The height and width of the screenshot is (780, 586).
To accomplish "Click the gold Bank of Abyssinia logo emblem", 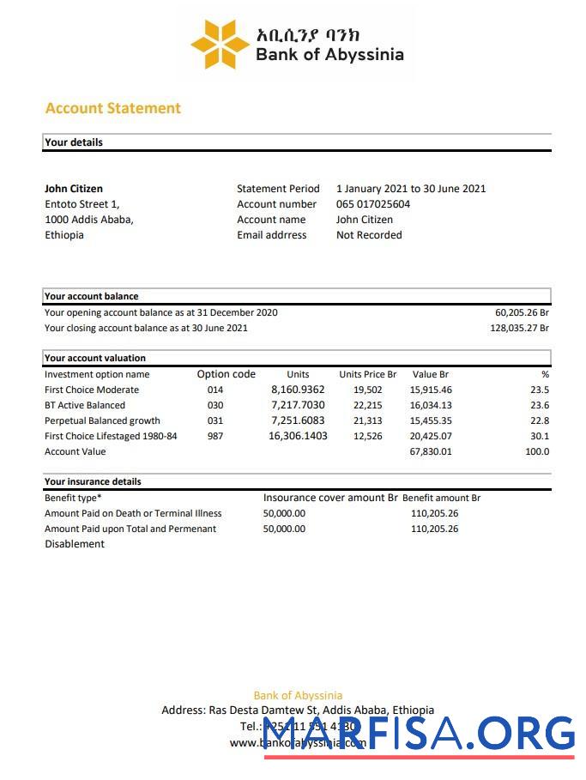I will tap(220, 44).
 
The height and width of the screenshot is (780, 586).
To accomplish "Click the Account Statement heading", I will tap(112, 108).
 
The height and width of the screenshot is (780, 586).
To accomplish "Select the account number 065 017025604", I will tap(372, 204).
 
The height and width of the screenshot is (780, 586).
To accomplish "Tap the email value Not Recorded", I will tap(369, 235).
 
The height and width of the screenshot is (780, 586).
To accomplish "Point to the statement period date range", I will tap(410, 189).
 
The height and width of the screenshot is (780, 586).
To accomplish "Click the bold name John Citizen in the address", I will tap(74, 189).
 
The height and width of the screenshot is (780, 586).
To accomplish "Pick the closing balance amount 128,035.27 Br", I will tap(519, 328).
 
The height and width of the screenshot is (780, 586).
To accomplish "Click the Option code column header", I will tap(226, 374).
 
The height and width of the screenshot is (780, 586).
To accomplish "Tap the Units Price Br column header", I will tap(367, 374).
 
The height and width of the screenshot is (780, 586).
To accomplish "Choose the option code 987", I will tap(214, 436).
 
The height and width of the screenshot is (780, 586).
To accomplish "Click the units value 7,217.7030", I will tap(298, 405).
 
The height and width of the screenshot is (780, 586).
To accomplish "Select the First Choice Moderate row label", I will tap(91, 390).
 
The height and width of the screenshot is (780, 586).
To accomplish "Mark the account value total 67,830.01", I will tap(431, 451).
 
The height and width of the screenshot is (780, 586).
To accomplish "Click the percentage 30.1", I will tap(540, 436).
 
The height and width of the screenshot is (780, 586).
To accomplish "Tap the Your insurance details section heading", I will tap(93, 481).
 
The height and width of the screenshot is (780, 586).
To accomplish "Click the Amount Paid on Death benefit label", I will tap(133, 513).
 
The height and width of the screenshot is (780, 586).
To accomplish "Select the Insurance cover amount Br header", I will tap(330, 498).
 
